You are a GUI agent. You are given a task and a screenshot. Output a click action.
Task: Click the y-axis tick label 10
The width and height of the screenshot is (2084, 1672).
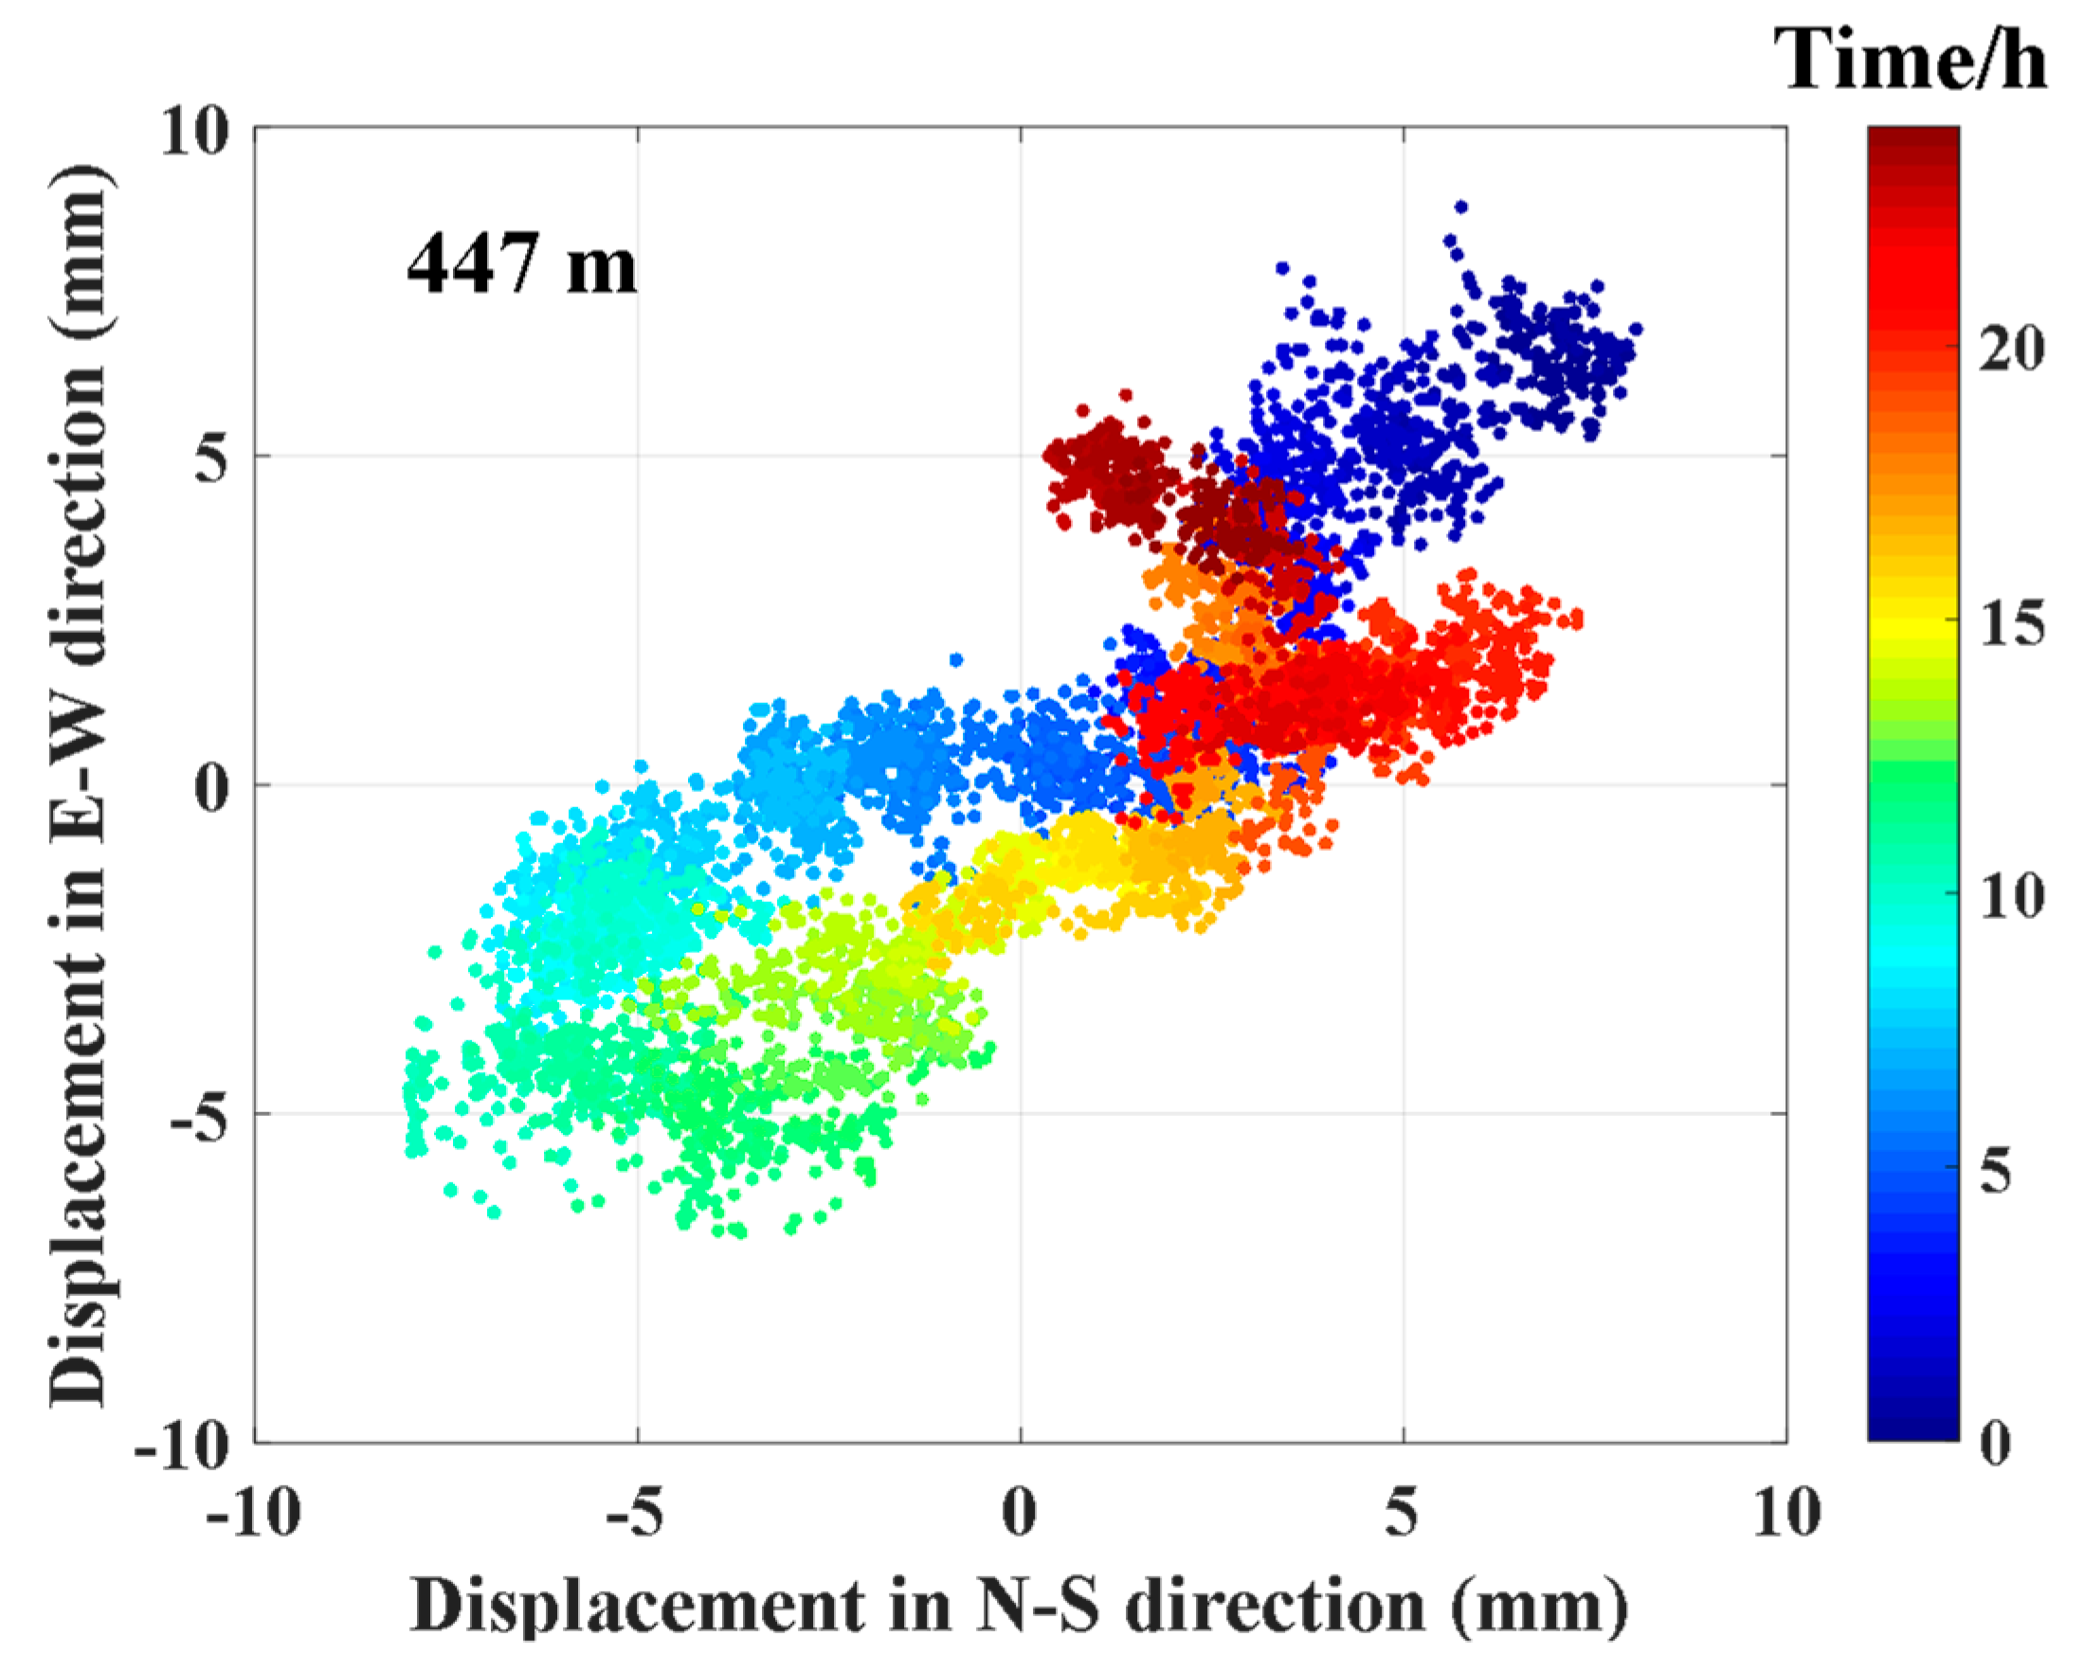click(x=194, y=132)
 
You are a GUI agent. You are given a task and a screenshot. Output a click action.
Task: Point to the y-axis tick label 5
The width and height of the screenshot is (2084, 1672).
click(x=210, y=460)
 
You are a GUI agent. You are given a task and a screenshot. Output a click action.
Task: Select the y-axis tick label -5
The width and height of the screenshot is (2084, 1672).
click(x=199, y=1118)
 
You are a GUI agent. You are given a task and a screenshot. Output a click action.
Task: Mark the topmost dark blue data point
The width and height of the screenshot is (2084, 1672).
click(x=1460, y=207)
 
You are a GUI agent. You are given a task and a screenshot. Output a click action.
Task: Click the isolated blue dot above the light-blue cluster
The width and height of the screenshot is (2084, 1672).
click(x=956, y=660)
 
